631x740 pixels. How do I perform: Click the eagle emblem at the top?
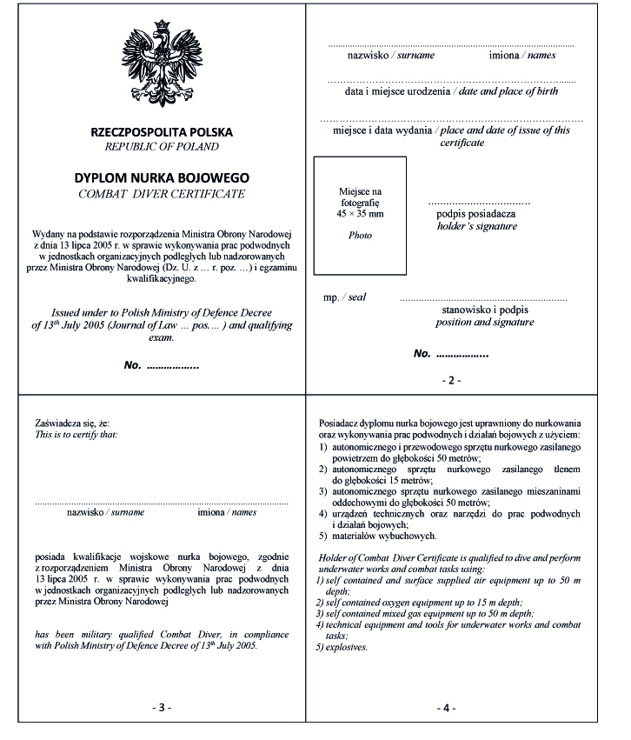point(162,60)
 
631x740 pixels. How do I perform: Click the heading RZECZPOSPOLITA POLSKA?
point(162,132)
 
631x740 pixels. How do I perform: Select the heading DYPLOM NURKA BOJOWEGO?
point(162,177)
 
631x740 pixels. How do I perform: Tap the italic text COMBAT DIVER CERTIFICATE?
point(162,193)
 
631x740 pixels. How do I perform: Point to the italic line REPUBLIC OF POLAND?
point(162,147)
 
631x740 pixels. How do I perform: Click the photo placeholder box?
point(360,213)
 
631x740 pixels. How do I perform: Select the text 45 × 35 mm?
point(360,213)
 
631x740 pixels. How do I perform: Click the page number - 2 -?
point(452,380)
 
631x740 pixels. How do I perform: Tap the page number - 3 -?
point(162,708)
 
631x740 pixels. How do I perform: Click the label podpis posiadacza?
point(476,213)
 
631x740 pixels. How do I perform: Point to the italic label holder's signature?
point(476,226)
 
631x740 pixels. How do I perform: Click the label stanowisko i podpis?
point(485,309)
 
